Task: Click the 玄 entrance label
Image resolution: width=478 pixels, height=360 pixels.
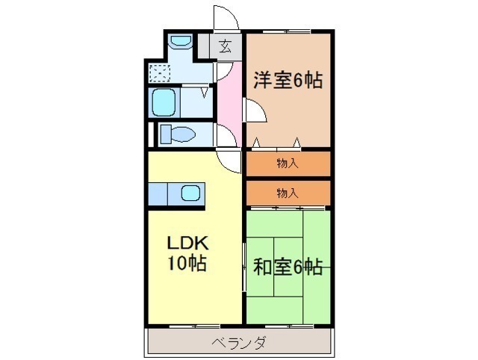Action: click(x=225, y=46)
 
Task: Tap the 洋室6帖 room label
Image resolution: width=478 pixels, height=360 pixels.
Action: click(x=288, y=80)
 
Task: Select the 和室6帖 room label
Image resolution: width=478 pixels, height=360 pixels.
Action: click(x=288, y=267)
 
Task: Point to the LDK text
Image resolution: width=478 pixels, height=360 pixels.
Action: click(x=187, y=243)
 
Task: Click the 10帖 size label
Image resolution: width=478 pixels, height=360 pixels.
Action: click(x=187, y=262)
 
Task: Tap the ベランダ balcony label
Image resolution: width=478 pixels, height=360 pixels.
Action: click(x=239, y=344)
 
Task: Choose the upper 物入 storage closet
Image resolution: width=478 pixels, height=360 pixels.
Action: click(x=288, y=164)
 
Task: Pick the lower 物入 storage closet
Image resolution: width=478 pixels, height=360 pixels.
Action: click(x=288, y=193)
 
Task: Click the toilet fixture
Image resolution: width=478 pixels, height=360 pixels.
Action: click(x=178, y=134)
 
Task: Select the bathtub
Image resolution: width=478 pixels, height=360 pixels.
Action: click(x=164, y=102)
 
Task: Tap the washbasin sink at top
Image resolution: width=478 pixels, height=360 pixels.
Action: click(x=181, y=41)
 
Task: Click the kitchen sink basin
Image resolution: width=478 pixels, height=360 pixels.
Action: click(x=191, y=193)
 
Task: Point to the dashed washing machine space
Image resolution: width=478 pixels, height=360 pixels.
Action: click(x=159, y=73)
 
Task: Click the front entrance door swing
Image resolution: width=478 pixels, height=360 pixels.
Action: click(x=226, y=18)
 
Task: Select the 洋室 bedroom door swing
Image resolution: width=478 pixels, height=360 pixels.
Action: click(x=255, y=111)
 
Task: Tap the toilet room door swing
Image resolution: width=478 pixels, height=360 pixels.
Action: click(x=226, y=135)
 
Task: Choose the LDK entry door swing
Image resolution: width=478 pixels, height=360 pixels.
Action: click(x=229, y=161)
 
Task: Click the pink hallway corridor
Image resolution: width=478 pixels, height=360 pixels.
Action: click(x=230, y=104)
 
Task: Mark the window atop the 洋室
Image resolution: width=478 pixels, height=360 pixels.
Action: click(x=286, y=31)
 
